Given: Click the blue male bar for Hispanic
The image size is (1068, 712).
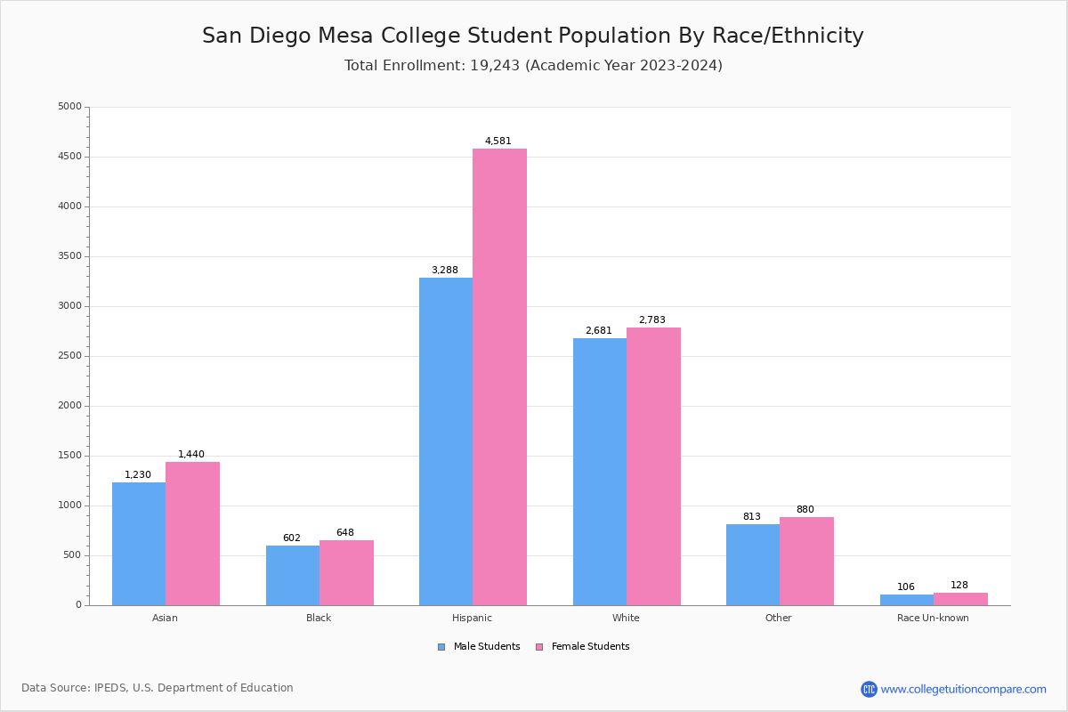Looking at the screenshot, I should coord(446,441).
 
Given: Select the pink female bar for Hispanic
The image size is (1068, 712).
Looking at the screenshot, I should coord(499,377).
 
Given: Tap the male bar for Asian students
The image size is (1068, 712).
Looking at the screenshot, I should coord(139,544).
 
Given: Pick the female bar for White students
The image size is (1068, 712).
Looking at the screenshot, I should coord(653,466).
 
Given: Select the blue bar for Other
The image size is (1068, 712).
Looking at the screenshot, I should coord(753,564).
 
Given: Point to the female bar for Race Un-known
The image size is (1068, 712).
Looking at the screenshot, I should coord(960,599).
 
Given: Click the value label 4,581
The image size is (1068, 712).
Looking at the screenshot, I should coord(498,141).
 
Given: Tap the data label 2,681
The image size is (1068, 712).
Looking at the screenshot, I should coord(598,330).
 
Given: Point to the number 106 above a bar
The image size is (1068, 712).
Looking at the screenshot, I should coord(906,587).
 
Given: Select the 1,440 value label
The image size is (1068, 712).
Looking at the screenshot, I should coord(191,454).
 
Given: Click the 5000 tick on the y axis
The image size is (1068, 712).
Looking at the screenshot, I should coord(69,107).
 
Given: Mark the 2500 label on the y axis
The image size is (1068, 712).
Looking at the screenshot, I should coord(69,356).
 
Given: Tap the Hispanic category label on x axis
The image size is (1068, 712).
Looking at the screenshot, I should coord(472,618).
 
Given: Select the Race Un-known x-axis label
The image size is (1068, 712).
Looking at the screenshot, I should coord(933,618).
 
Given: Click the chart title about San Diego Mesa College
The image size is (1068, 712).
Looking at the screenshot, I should coord(533,36).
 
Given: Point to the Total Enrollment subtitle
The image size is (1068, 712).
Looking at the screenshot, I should coord(533,66).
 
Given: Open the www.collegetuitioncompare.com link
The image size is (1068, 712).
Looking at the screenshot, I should coord(963,689).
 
